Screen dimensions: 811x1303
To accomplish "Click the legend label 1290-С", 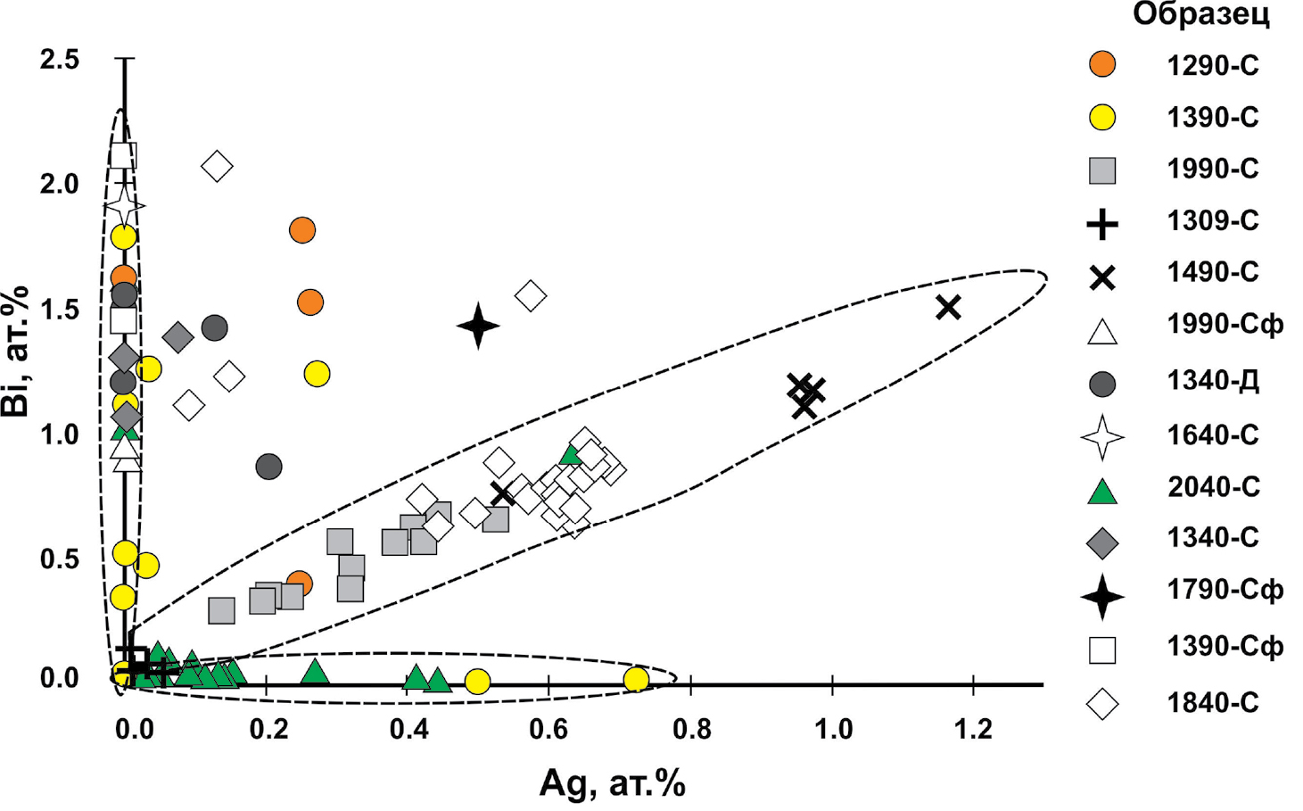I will (1212, 65).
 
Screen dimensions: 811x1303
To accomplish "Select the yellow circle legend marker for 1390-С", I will (1102, 117).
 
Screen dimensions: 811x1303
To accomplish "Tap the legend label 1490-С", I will (1212, 273).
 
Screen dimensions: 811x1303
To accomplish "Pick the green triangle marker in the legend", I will (1102, 491).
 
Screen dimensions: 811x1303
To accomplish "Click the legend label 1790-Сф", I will (1225, 590).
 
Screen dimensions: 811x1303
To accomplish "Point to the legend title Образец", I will (1200, 15).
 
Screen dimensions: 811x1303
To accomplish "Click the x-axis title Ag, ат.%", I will (612, 784).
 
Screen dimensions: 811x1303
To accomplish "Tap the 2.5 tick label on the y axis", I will (60, 60).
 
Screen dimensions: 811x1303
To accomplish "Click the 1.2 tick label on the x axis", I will (973, 730).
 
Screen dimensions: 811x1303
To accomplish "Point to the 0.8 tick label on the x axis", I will (691, 730).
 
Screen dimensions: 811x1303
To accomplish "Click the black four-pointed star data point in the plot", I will (478, 326).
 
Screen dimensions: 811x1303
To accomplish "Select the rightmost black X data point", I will (948, 307).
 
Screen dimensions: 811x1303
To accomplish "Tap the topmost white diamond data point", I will (217, 166).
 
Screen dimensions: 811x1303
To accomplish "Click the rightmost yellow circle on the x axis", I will (635, 680).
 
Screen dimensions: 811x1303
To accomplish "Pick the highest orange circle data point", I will (302, 230).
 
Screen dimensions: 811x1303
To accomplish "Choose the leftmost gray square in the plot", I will (221, 610).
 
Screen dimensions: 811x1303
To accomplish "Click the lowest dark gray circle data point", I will (268, 466).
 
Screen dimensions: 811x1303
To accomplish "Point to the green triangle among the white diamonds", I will (571, 454).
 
